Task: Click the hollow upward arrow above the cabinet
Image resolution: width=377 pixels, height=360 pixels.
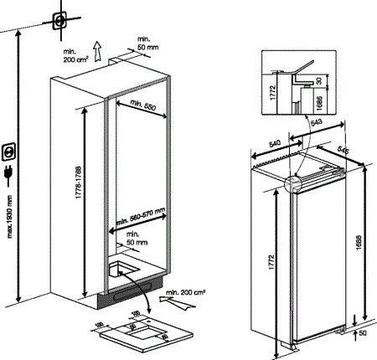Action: [x=99, y=51]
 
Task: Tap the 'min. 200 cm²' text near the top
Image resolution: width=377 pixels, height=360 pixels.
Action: [x=75, y=55]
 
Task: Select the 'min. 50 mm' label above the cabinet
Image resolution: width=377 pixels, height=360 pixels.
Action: [x=147, y=44]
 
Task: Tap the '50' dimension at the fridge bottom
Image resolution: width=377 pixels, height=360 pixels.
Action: [x=362, y=333]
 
